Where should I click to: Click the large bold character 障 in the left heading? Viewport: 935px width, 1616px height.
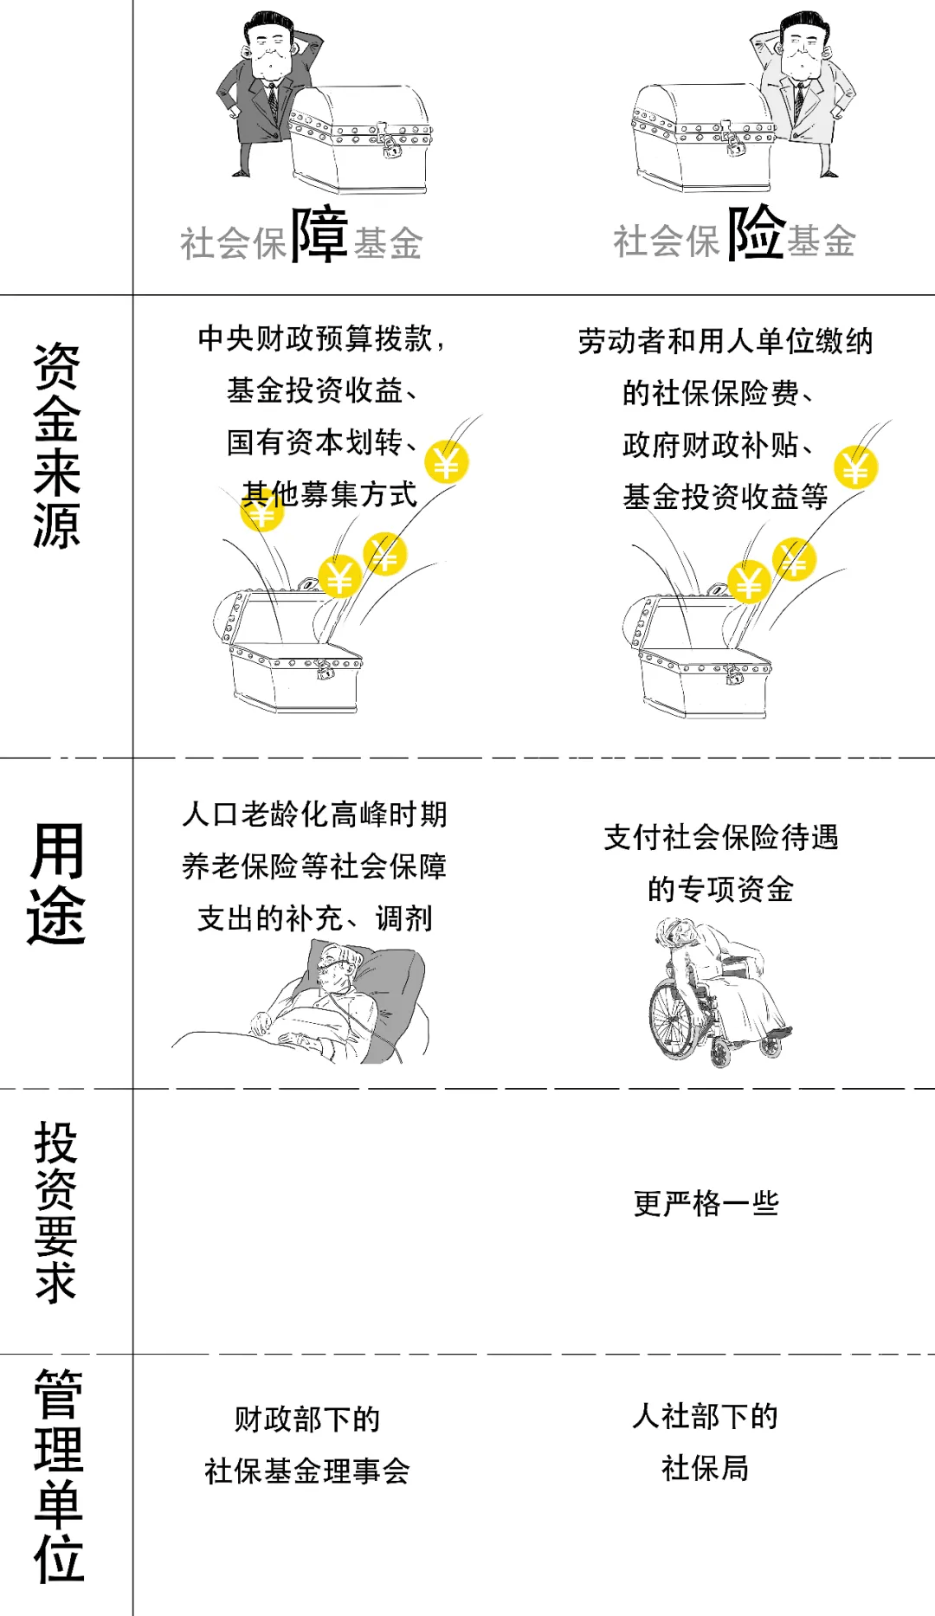click(319, 235)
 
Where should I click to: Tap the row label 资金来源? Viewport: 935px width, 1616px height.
click(57, 446)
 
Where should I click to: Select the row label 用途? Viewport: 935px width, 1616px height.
click(57, 883)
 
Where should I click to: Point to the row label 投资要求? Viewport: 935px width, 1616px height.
click(57, 1212)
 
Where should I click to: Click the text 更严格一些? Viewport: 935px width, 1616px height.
click(706, 1203)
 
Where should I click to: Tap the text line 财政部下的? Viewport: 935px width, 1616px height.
click(307, 1420)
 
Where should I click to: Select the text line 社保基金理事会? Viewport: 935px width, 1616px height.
click(307, 1471)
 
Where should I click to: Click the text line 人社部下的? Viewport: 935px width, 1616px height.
click(706, 1417)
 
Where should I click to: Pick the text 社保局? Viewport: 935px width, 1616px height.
click(706, 1468)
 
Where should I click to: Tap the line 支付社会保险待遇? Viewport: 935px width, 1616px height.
click(721, 837)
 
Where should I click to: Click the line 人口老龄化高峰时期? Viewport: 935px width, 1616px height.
click(315, 814)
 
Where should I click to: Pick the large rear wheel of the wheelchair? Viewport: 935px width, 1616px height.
click(675, 1021)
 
